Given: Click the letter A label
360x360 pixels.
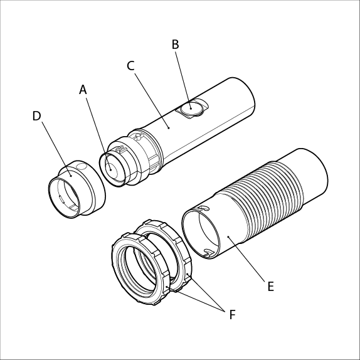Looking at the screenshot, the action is click(x=83, y=90).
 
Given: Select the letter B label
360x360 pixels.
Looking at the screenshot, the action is click(x=175, y=45).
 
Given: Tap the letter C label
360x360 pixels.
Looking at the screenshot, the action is click(x=130, y=66).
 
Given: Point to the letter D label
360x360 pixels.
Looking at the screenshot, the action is click(x=37, y=116).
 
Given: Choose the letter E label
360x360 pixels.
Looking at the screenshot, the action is click(x=271, y=287).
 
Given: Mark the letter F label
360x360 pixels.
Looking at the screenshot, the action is click(x=233, y=315).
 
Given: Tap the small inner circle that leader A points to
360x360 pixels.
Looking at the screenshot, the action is click(x=112, y=170).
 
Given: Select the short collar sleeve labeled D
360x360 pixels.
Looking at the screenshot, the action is click(x=77, y=189).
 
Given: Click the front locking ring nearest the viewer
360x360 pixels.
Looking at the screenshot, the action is click(x=140, y=269).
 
